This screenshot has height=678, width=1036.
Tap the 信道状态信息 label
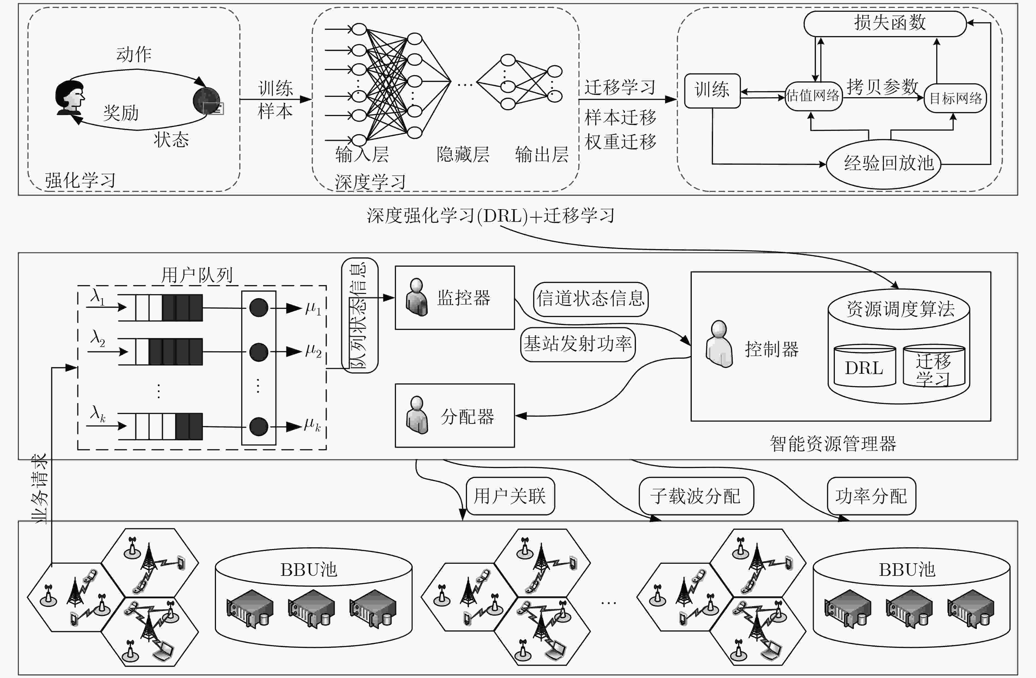[x=591, y=299]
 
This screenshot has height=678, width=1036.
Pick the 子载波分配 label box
[x=696, y=496]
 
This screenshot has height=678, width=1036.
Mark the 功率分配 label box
[x=872, y=496]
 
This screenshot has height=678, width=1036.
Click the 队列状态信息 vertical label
[x=360, y=315]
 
